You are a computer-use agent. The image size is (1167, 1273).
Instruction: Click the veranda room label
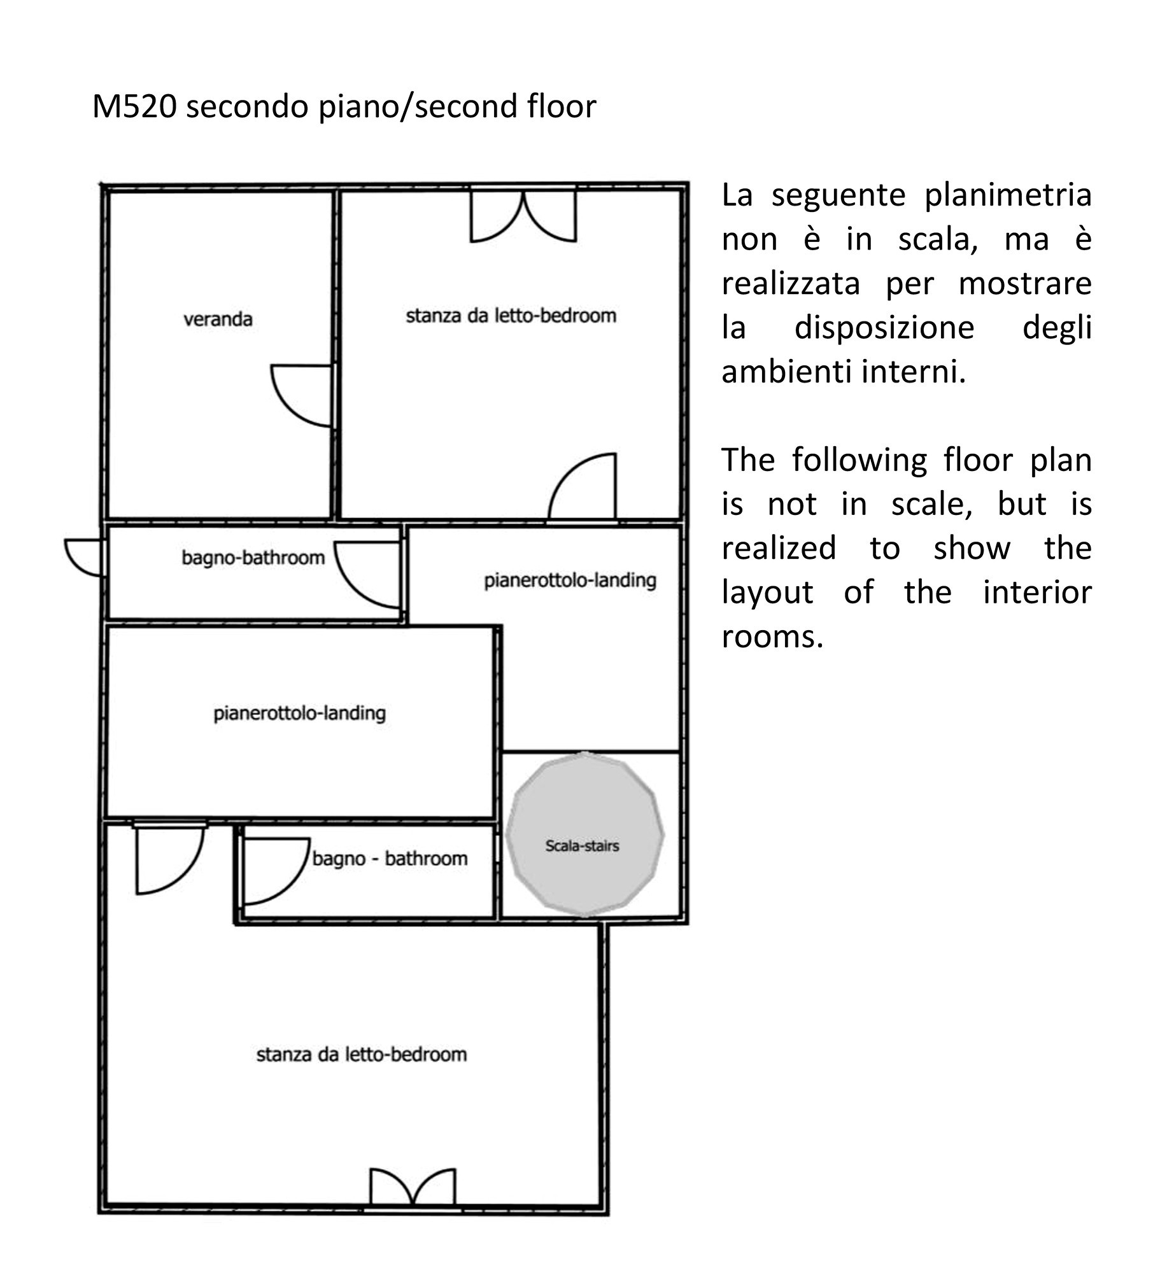218,319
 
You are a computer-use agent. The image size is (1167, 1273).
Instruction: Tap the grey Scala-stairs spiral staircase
584,834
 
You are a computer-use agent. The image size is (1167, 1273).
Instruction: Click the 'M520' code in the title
134,106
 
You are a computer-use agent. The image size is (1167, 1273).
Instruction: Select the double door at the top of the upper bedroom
523,215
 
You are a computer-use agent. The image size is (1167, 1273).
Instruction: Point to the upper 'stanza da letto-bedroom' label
511,316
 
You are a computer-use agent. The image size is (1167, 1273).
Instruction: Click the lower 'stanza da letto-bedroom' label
361,1055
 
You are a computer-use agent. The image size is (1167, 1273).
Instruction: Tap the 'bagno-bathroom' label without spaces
253,558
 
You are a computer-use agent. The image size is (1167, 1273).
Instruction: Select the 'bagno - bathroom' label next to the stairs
390,859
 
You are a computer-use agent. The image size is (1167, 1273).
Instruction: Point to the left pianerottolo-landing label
299,714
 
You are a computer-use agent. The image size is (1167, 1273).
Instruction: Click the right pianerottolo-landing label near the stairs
570,580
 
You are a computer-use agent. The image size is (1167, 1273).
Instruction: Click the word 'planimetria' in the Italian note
1008,195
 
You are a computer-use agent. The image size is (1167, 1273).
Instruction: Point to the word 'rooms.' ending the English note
772,636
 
